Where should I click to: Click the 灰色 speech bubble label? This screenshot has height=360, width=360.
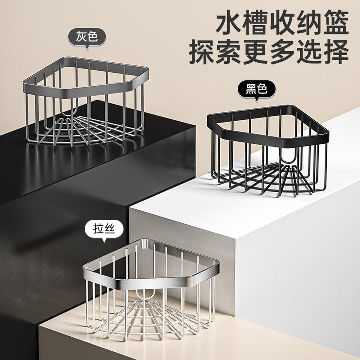pos(87,38)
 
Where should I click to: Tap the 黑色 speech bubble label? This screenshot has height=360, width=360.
pos(256,90)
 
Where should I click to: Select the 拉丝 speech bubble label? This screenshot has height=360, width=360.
pos(104,230)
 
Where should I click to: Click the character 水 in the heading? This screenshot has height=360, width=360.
pos(229,22)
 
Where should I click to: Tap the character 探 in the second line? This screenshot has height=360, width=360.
pos(202,52)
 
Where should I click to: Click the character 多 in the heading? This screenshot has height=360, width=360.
pos(283,52)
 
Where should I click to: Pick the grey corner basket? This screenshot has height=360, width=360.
pos(86,101)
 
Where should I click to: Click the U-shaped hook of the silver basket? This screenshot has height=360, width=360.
pos(145,295)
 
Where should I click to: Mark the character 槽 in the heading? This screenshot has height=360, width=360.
pos(256,22)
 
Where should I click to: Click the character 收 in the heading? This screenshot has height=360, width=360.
pos(283,22)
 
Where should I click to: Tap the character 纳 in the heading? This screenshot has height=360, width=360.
pos(309,22)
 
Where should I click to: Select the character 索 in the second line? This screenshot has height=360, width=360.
pos(229,52)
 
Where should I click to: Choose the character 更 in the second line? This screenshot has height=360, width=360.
pos(256,52)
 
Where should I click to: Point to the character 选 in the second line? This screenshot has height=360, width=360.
pos(309,52)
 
